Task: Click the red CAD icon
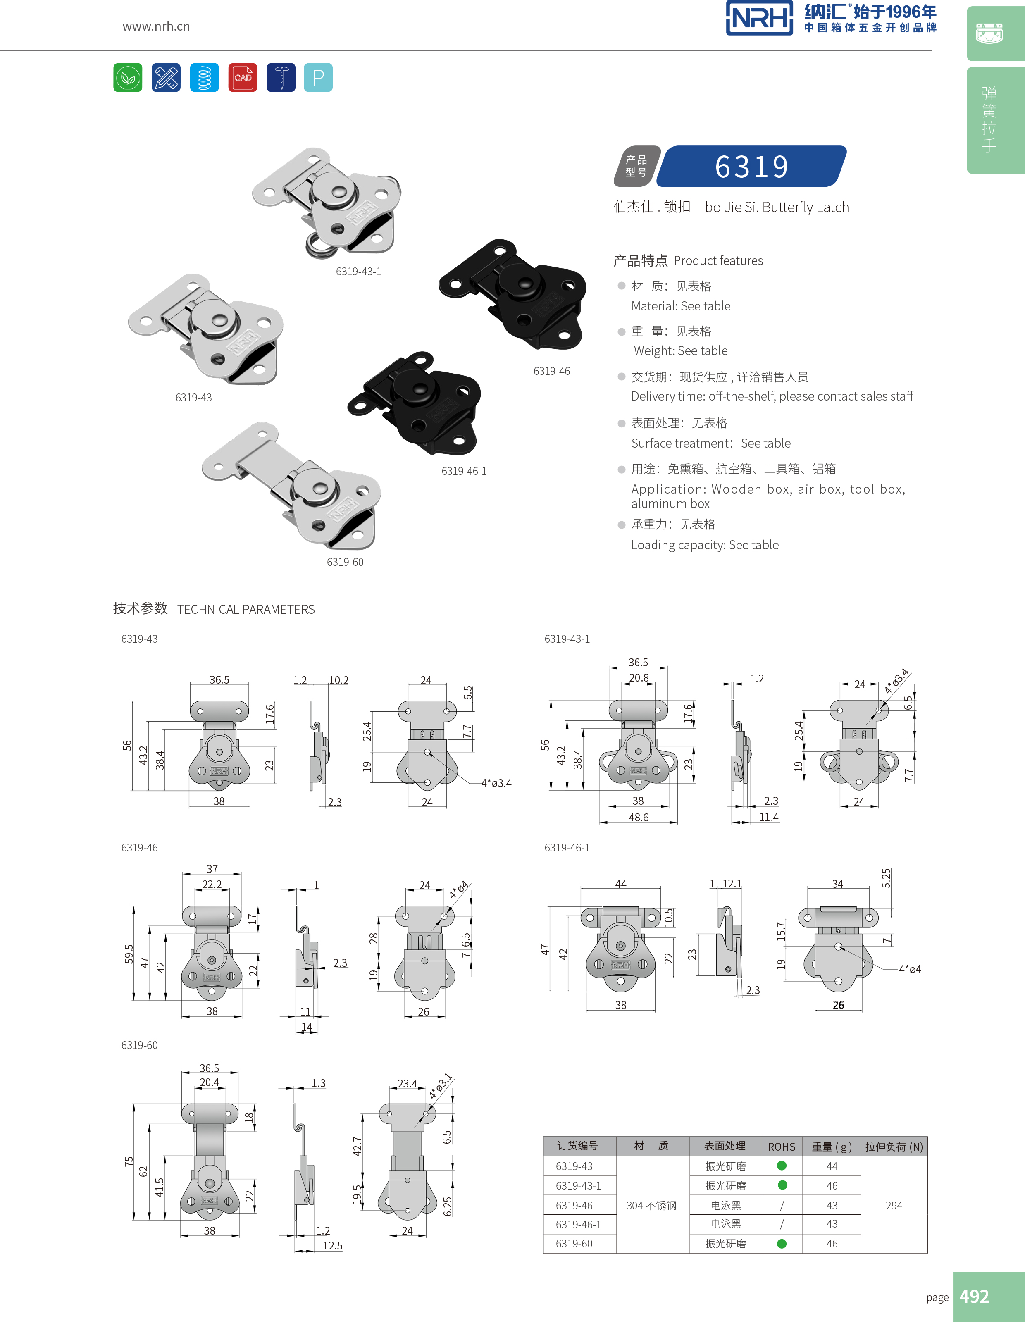tap(243, 78)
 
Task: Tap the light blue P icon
tap(318, 78)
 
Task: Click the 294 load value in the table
tap(894, 1205)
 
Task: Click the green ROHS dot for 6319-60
tap(782, 1244)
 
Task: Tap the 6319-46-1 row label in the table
tap(578, 1224)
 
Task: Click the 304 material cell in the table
tap(651, 1205)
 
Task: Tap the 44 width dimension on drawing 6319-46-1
tap(621, 884)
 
